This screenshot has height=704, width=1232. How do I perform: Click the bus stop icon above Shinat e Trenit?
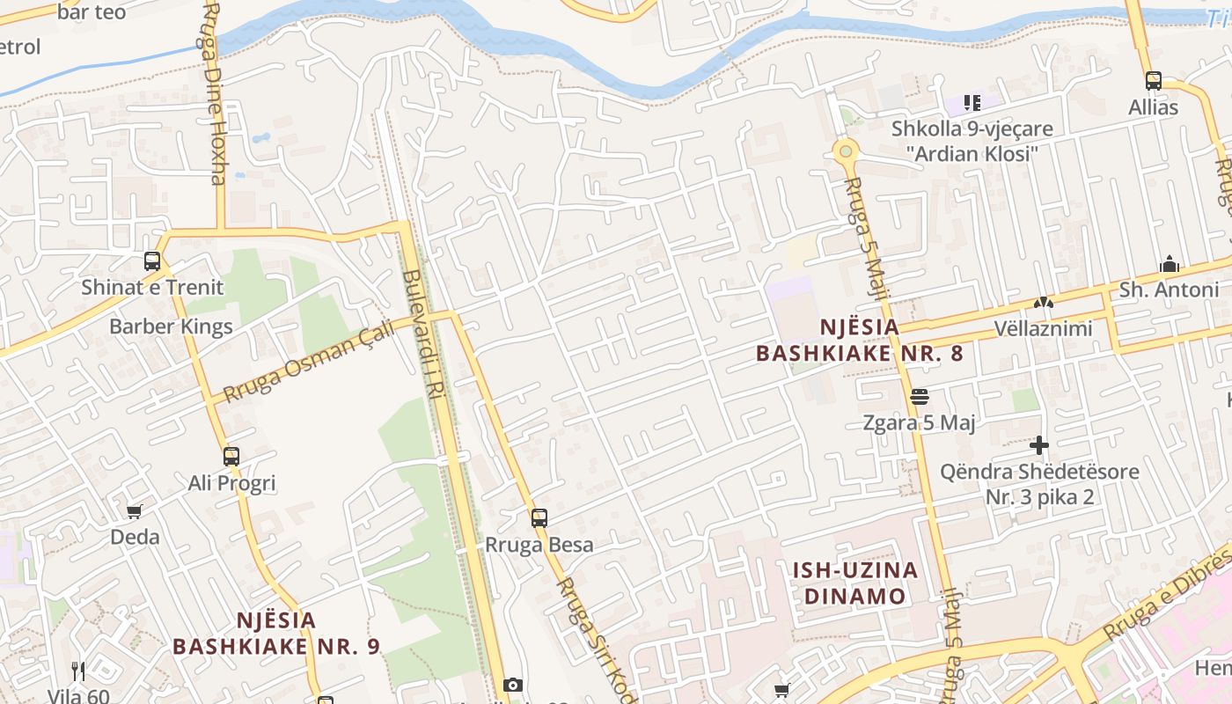pos(152,261)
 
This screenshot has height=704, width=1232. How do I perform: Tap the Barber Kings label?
pos(171,326)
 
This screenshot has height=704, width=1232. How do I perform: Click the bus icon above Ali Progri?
pos(231,457)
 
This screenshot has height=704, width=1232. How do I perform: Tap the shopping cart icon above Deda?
pos(135,511)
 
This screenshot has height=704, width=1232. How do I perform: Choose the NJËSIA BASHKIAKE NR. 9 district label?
pos(276,634)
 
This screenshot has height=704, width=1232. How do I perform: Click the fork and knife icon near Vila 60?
pos(78,671)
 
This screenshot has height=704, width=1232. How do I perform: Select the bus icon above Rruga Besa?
pos(539,518)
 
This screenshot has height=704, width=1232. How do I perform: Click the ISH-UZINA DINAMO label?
pos(855,583)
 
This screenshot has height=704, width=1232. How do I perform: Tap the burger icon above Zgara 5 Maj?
pos(920,397)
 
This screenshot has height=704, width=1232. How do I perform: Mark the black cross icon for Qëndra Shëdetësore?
pos(1039,445)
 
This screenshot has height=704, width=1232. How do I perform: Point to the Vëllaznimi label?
pos(1043,328)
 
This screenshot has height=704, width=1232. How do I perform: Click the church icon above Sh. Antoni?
pos(1170,264)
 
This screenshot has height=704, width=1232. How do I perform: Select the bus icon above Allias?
pos(1154,81)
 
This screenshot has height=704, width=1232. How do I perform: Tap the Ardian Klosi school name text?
pos(972,153)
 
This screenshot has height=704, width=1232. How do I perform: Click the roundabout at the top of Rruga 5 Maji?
pos(846,151)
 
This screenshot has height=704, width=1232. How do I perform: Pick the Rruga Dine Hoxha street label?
pos(214,92)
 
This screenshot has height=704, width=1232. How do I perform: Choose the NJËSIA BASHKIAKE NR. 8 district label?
pos(860,340)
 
